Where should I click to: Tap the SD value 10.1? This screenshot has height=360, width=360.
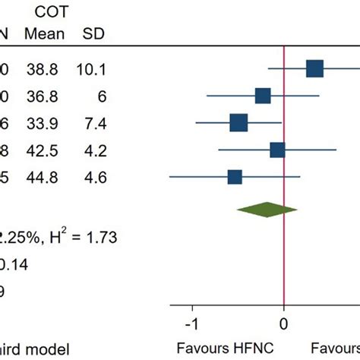pos(92,70)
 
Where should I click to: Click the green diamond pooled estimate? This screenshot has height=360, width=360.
pos(267,210)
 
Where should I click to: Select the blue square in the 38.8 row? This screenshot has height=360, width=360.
pos(314,69)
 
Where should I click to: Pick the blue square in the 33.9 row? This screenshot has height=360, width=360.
pos(238,122)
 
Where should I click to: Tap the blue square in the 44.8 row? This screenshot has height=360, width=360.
pos(235,177)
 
